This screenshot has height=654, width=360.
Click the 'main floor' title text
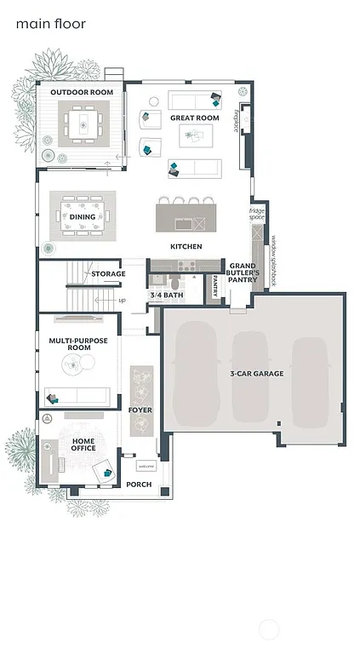50,24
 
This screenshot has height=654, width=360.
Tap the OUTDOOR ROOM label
82,92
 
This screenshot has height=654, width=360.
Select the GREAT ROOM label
194,118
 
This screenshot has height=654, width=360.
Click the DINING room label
83,217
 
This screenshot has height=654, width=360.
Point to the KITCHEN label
186,247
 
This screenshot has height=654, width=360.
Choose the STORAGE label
108,274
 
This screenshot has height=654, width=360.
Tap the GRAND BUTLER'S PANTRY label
243,272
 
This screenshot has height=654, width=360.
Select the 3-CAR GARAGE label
256,373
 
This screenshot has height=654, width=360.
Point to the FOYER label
140,410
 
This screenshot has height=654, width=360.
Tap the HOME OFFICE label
83,444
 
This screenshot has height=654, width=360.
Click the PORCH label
139,485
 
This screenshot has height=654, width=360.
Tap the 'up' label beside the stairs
122,301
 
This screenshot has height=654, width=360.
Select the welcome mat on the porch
146,466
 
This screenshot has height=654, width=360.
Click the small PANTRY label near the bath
215,287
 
